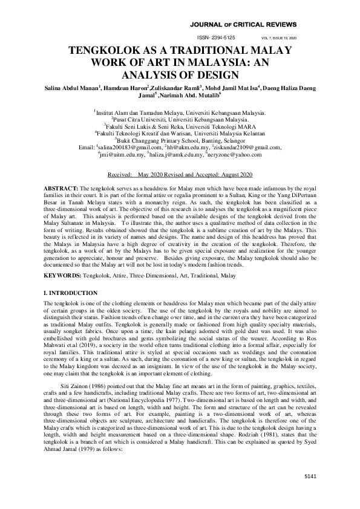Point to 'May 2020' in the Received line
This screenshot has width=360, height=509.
(x=152, y=174)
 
